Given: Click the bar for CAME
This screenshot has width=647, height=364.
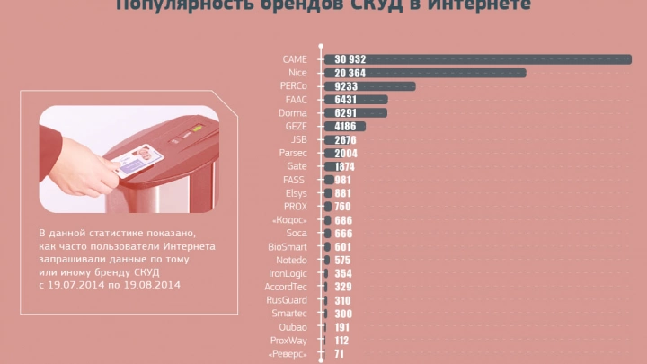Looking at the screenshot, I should (x=476, y=59).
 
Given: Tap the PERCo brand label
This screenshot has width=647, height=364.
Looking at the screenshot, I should (x=293, y=86).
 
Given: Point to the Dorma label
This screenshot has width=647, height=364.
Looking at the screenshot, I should (x=294, y=113).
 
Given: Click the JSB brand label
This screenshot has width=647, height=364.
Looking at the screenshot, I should (x=298, y=140).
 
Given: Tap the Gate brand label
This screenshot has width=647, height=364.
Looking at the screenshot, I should (x=297, y=167).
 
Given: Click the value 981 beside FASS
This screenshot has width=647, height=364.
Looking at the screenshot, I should (x=342, y=180).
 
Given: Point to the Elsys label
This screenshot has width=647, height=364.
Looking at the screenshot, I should (x=296, y=193).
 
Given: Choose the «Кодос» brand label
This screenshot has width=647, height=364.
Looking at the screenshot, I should (x=289, y=220).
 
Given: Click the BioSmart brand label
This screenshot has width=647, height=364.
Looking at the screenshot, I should (x=288, y=247).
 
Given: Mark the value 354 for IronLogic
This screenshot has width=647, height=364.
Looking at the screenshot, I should (x=342, y=273).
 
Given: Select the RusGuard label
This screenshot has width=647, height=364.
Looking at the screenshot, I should (x=287, y=300).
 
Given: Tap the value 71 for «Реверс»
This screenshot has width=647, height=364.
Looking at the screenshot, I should (x=340, y=354).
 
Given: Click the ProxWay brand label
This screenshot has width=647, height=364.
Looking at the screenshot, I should (x=288, y=341).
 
